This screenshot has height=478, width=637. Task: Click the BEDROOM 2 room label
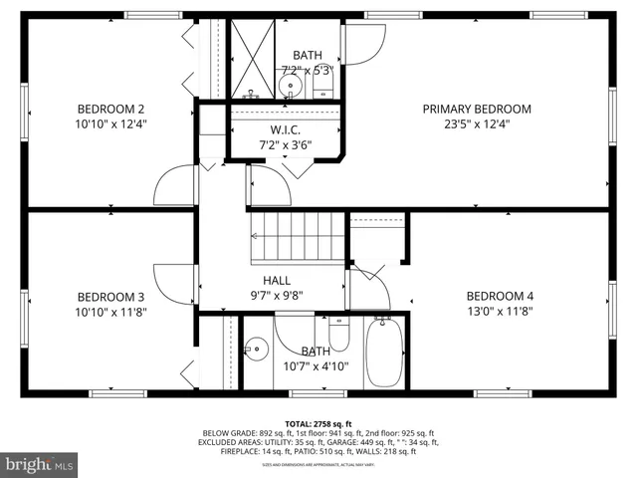tap(111, 110)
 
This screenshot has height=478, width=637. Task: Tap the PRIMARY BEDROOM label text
tap(477, 110)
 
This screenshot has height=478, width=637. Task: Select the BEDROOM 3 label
tap(111, 297)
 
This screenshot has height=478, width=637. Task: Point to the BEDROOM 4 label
tap(500, 297)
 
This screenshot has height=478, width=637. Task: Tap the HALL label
tap(277, 281)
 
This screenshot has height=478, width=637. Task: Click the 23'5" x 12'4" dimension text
tap(477, 124)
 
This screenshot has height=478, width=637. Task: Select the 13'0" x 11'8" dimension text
tap(500, 312)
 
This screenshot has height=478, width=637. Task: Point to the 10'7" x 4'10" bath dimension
tap(316, 366)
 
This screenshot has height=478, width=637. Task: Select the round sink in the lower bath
tap(258, 349)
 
